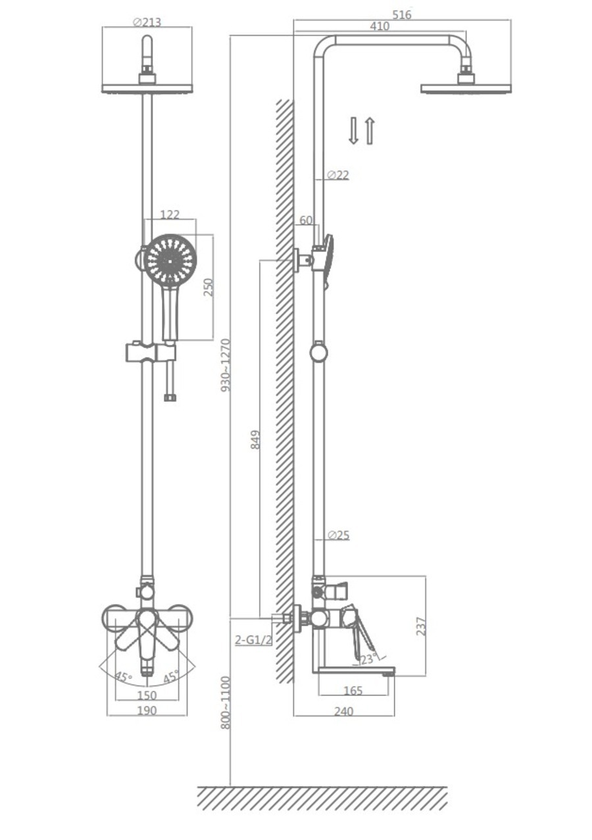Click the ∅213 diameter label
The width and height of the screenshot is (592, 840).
coord(147,22)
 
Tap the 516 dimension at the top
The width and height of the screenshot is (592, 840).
coord(402,14)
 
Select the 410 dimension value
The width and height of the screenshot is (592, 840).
coord(380,26)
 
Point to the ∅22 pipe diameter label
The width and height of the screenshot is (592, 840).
coord(338,175)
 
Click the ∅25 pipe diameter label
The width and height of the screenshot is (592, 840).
coord(338,535)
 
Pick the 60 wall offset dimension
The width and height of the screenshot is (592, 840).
coord(306,220)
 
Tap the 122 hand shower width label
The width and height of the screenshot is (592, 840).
coord(170,214)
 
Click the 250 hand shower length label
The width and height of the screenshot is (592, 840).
coord(209,287)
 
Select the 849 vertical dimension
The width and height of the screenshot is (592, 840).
coord(255,439)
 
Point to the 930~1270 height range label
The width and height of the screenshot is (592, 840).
coord(226,365)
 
